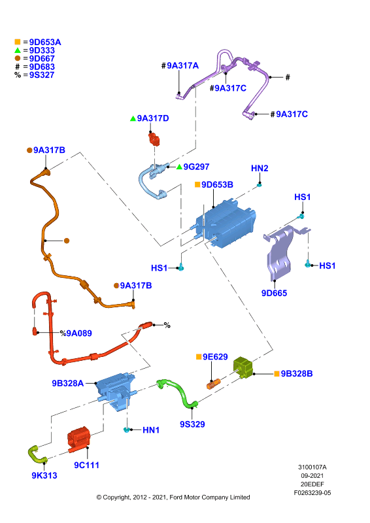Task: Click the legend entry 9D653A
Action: click(x=45, y=42)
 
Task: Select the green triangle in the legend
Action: click(x=18, y=50)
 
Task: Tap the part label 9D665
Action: click(x=275, y=293)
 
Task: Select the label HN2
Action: click(x=260, y=169)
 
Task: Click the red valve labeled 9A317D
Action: click(x=154, y=139)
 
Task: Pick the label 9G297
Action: click(x=196, y=167)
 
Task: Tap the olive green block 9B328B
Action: click(x=243, y=367)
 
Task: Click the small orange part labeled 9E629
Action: click(x=214, y=384)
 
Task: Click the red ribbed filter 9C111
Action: click(x=78, y=439)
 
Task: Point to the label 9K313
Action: click(x=44, y=476)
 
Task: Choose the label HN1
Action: click(x=151, y=430)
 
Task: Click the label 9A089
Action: click(x=79, y=333)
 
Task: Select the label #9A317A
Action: click(x=180, y=66)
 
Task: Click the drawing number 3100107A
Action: click(x=312, y=467)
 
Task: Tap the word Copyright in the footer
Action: click(x=116, y=498)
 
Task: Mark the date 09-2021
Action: click(x=312, y=476)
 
